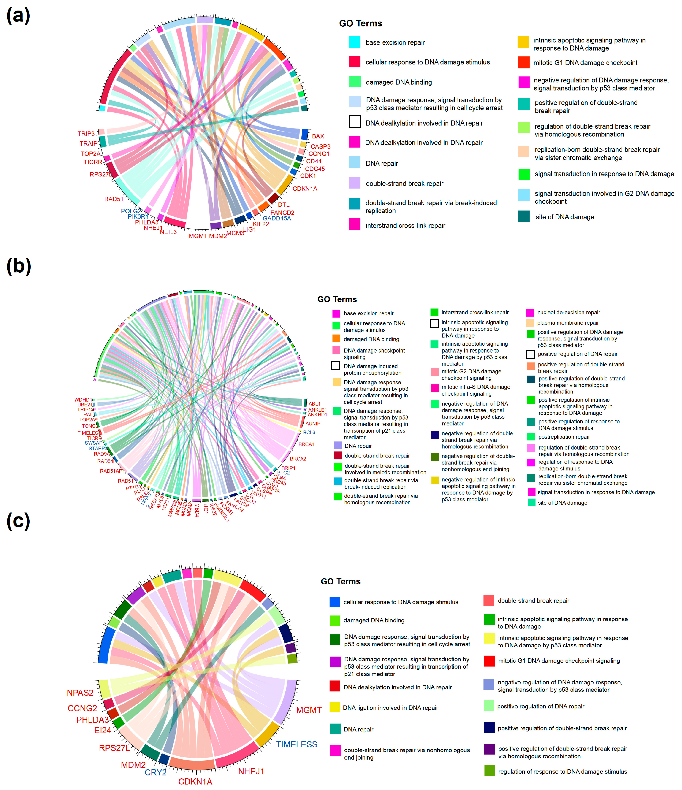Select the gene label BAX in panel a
[x=318, y=136]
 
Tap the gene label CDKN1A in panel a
[x=305, y=189]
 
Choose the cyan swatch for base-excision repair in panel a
[x=354, y=42]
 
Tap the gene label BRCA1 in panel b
[x=306, y=444]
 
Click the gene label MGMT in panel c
[x=309, y=710]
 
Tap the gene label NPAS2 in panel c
[x=80, y=693]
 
